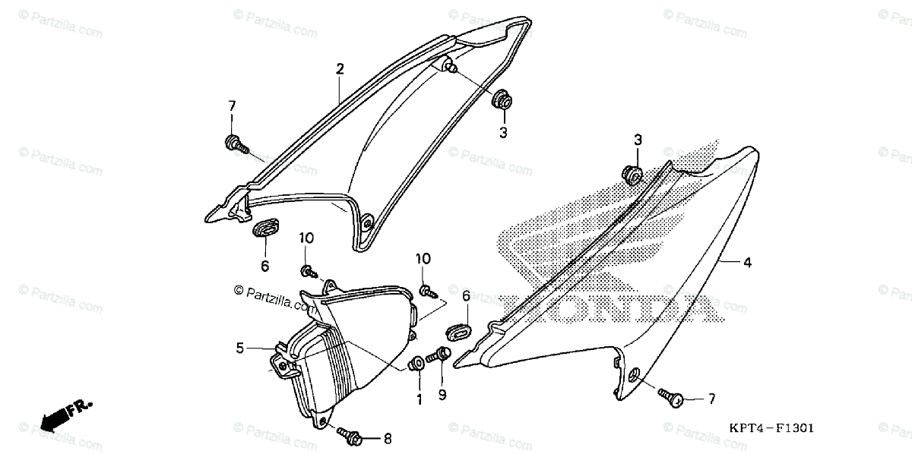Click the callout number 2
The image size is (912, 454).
pos(340,69)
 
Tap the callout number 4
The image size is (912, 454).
pos(747,263)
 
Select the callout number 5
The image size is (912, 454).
pos(240,348)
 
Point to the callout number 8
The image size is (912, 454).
pos(388,438)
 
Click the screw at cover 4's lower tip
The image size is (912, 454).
pos(671,396)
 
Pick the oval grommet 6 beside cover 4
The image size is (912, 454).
pos(458,331)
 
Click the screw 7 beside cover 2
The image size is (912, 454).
pos(234,143)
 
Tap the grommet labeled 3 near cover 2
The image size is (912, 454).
pos(502,99)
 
